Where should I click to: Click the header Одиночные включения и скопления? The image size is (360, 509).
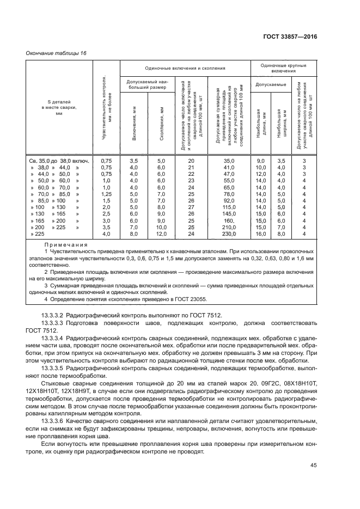point(185,69)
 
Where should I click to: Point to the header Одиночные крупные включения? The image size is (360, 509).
point(283,68)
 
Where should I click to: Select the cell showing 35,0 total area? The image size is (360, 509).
point(228,161)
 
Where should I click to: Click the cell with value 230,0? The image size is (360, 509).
point(228,234)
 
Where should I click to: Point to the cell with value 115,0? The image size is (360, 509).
point(228,207)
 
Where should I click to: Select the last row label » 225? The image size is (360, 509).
point(40,234)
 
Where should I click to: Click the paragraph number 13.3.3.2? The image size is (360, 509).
point(53,315)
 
